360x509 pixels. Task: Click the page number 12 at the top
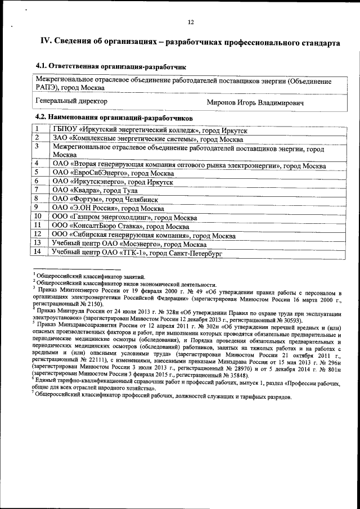[191, 22]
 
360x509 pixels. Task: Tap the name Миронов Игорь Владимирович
[256, 103]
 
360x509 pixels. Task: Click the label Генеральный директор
[71, 101]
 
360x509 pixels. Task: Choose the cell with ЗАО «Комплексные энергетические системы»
[147, 139]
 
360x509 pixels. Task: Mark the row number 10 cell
[38, 216]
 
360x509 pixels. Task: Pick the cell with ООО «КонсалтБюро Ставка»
[120, 225]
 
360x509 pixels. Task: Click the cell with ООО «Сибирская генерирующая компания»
[143, 235]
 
